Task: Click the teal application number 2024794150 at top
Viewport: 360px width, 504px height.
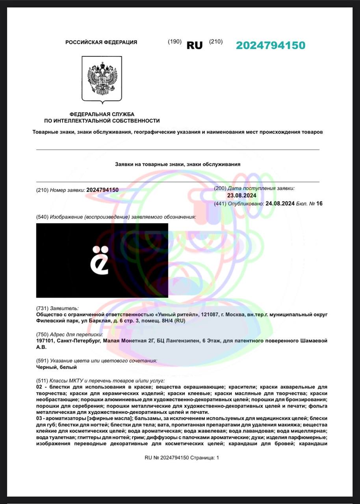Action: tap(271, 45)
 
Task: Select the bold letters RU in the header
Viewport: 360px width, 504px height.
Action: tap(195, 45)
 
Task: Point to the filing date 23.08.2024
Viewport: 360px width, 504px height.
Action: tap(242, 195)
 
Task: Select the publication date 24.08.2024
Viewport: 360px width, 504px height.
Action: tap(280, 204)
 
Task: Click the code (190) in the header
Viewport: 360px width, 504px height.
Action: tap(174, 42)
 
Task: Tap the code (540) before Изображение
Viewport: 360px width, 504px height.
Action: tap(42, 217)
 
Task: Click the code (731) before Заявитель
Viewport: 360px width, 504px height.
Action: tap(42, 308)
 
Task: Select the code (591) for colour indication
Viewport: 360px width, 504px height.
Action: tap(42, 361)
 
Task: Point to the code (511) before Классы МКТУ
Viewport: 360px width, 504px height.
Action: tap(42, 381)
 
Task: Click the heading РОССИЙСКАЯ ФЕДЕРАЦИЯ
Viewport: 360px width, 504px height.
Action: tap(101, 42)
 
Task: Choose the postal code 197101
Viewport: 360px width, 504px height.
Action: tap(45, 341)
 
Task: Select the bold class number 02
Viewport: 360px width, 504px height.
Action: tap(39, 387)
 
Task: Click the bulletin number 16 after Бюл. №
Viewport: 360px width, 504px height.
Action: tap(319, 204)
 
